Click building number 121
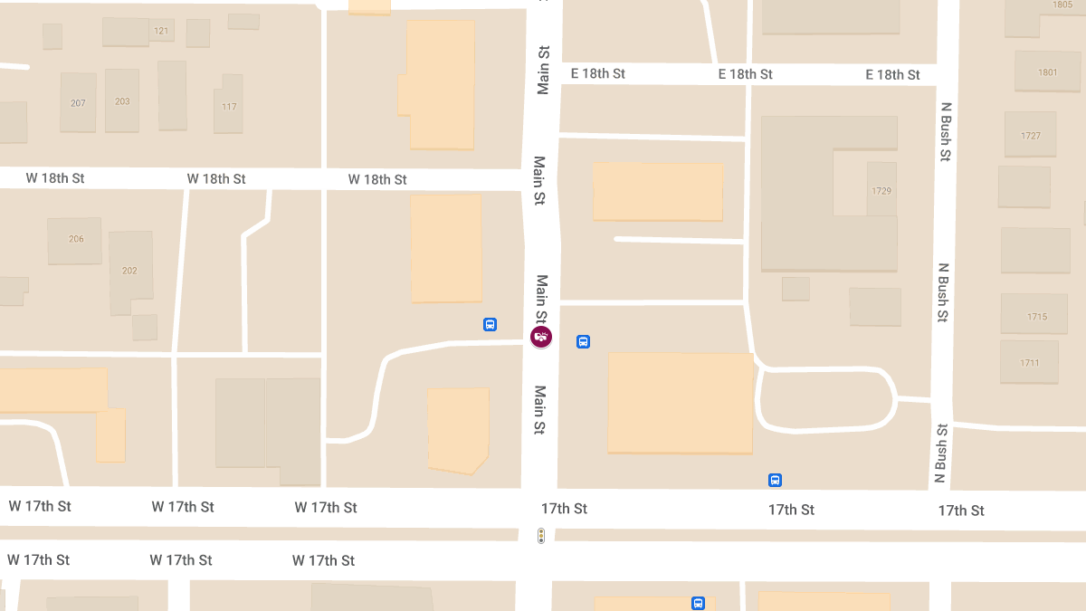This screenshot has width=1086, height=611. (161, 31)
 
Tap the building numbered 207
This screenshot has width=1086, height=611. (78, 103)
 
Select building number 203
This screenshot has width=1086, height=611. (122, 101)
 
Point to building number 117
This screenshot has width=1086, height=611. (229, 107)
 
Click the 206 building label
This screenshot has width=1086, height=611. (76, 239)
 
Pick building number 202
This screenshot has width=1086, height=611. (129, 271)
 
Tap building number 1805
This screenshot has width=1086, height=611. (1062, 5)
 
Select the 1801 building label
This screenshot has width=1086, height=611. (1048, 72)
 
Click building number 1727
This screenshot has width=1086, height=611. (1030, 136)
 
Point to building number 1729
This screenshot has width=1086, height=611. (881, 191)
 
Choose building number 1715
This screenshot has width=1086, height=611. (1037, 317)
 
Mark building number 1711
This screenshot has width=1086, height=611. (1030, 363)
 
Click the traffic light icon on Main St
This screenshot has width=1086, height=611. (541, 536)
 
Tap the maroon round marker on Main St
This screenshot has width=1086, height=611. (541, 338)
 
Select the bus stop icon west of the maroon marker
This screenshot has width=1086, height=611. (490, 324)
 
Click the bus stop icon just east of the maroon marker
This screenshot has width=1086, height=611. (584, 342)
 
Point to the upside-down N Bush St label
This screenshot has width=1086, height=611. (942, 453)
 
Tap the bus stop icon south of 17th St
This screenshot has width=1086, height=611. (698, 603)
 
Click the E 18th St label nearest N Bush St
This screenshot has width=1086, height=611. (892, 74)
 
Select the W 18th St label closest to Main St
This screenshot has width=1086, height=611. (377, 179)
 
